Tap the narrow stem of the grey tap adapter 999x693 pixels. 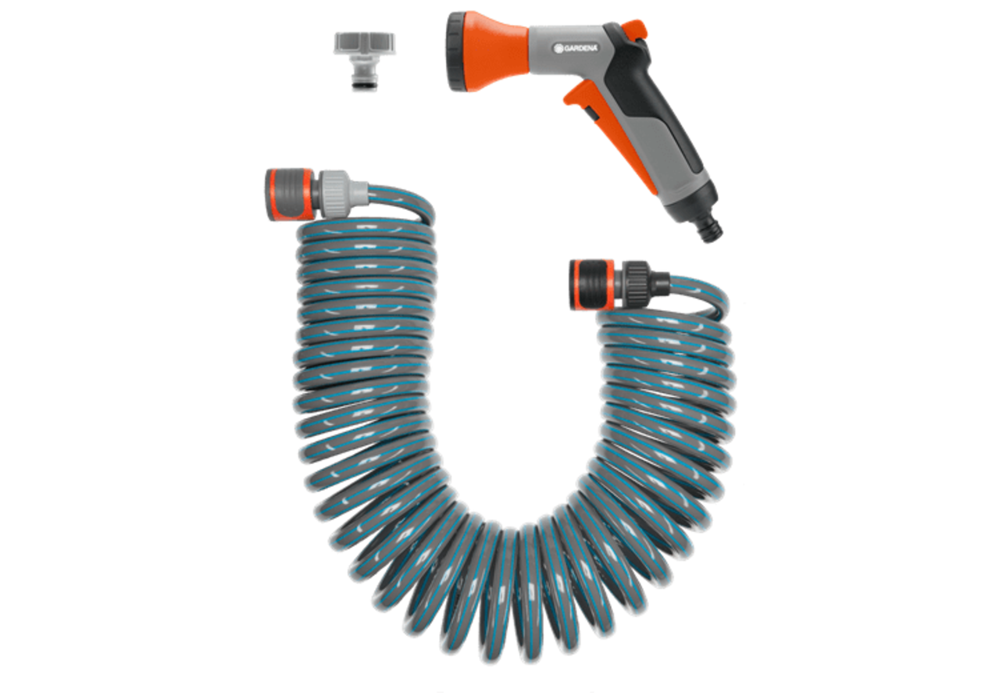(x=365, y=81)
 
